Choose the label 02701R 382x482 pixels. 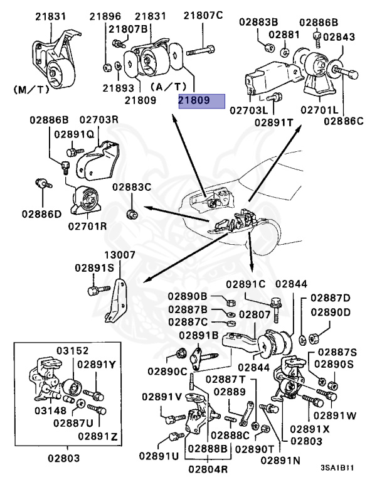88,225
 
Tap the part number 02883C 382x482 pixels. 132,187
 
